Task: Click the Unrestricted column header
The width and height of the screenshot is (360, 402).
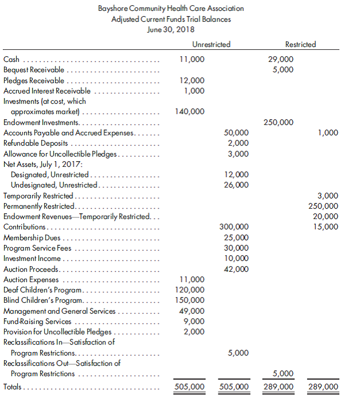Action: [212, 44]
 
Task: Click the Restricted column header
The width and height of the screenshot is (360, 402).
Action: [300, 44]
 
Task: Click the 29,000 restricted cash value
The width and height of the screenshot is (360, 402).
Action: [281, 59]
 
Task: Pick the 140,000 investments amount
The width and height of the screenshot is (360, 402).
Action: [189, 111]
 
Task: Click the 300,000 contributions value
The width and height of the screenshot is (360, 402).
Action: [234, 227]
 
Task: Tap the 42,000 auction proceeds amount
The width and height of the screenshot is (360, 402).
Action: [237, 268]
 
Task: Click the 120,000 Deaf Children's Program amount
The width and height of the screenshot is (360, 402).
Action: [189, 290]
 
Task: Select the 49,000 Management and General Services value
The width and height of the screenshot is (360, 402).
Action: [191, 311]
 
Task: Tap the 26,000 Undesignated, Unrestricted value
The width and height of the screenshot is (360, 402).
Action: [237, 185]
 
